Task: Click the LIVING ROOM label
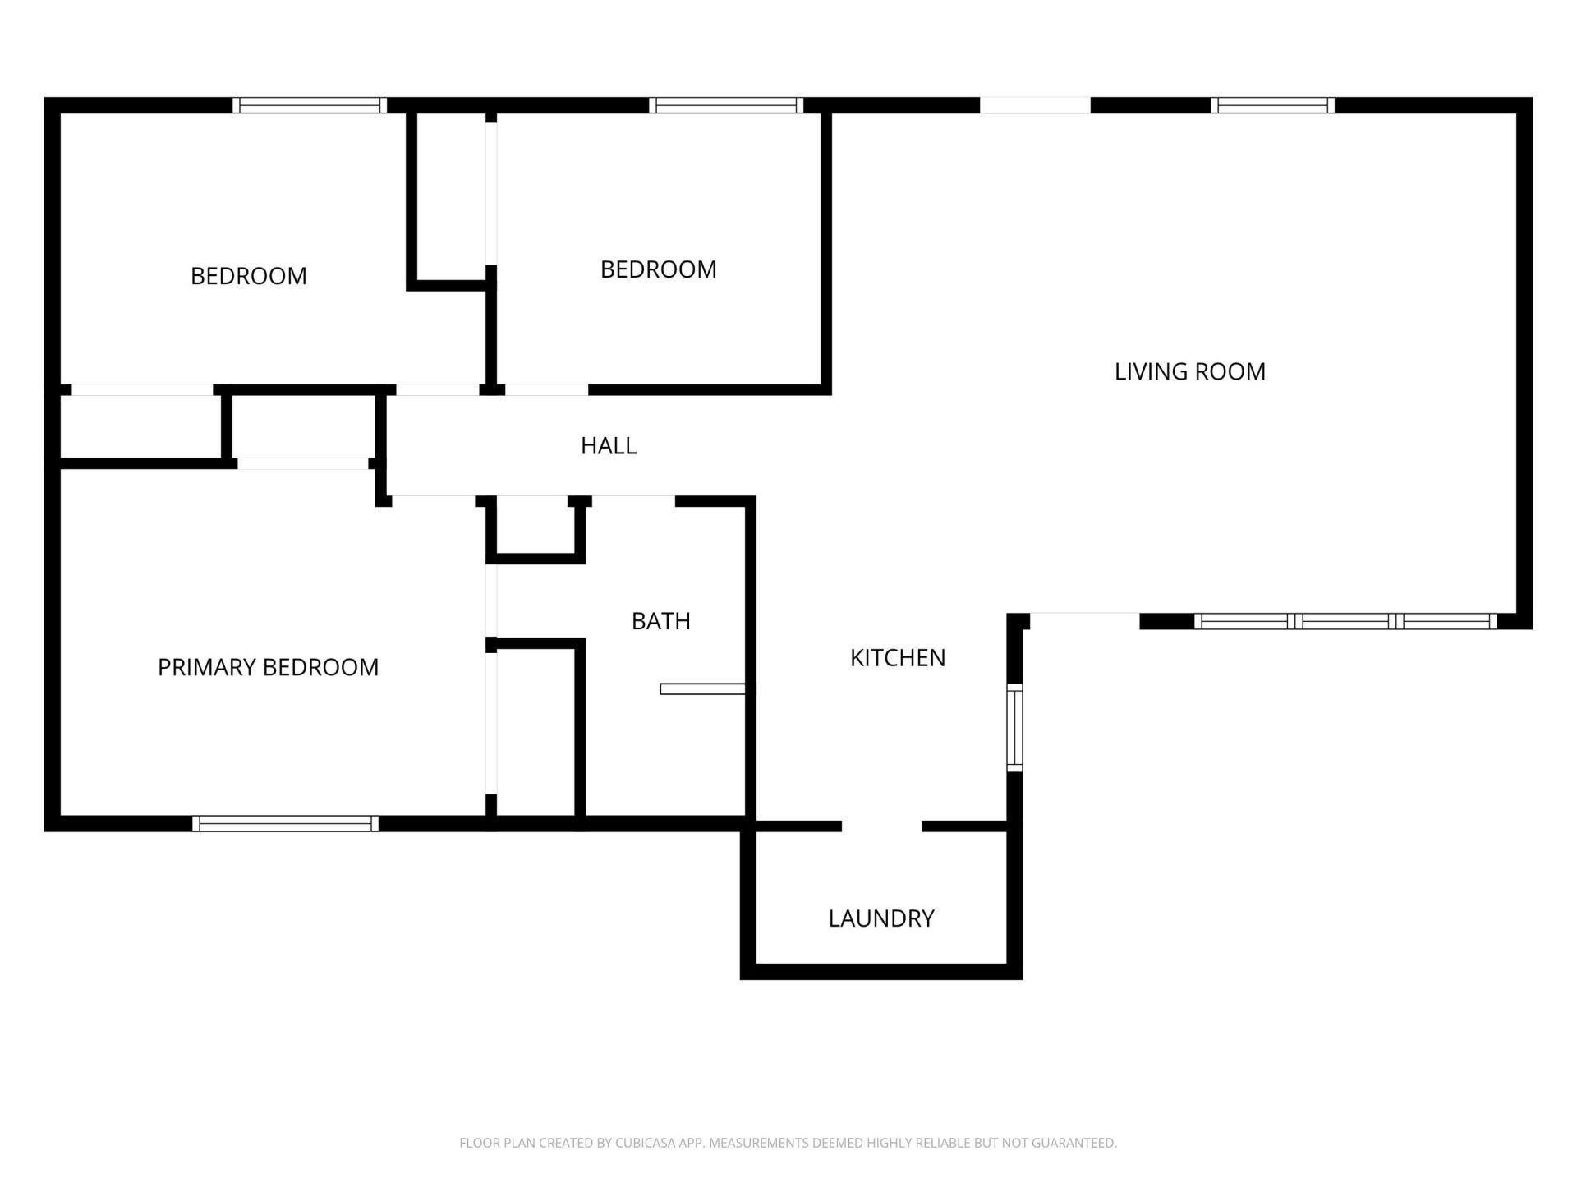pyautogui.click(x=1189, y=371)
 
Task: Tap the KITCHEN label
pyautogui.click(x=897, y=657)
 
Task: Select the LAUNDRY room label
pyautogui.click(x=880, y=918)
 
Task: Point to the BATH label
pyautogui.click(x=660, y=621)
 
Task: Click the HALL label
pyautogui.click(x=608, y=445)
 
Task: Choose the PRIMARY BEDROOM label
pyautogui.click(x=268, y=667)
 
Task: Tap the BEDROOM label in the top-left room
pyautogui.click(x=248, y=276)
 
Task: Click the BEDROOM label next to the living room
pyautogui.click(x=658, y=269)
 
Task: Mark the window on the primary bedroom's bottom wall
pyautogui.click(x=285, y=823)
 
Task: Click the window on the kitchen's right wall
pyautogui.click(x=1014, y=728)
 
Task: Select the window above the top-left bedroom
pyautogui.click(x=309, y=105)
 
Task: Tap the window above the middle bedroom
pyautogui.click(x=725, y=105)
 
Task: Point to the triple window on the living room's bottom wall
pyautogui.click(x=1345, y=621)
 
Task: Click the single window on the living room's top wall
pyautogui.click(x=1271, y=105)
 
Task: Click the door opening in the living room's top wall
pyautogui.click(x=1035, y=105)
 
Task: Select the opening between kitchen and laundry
pyautogui.click(x=881, y=826)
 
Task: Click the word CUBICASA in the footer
pyautogui.click(x=644, y=1143)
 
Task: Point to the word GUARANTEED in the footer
pyautogui.click(x=1077, y=1143)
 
